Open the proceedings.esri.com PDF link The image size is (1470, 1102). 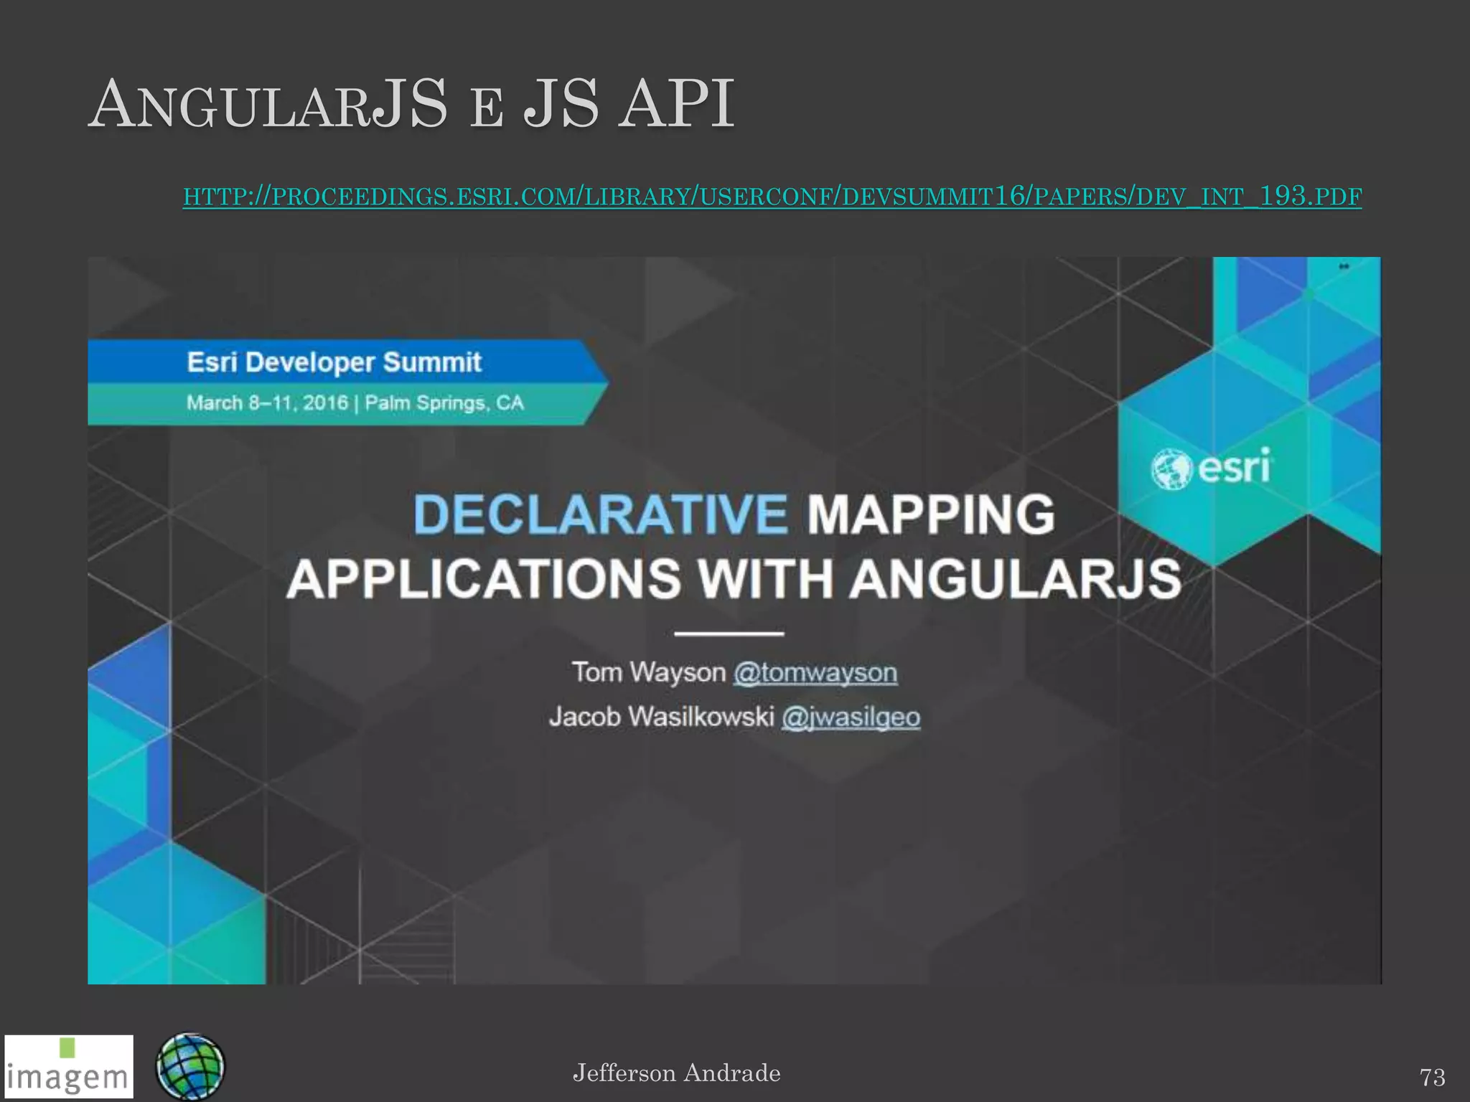pyautogui.click(x=772, y=196)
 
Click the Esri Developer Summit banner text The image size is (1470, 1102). pyautogui.click(x=334, y=362)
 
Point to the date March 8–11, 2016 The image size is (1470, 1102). pyautogui.click(x=267, y=402)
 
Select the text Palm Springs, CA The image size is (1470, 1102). pyautogui.click(x=444, y=402)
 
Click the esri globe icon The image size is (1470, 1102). pyautogui.click(x=1171, y=469)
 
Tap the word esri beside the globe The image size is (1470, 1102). pyautogui.click(x=1235, y=468)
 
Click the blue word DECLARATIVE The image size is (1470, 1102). pyautogui.click(x=600, y=514)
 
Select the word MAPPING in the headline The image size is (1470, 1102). pyautogui.click(x=931, y=514)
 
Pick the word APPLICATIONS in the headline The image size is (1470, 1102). pyautogui.click(x=483, y=579)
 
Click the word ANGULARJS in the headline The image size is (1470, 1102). pyautogui.click(x=1016, y=579)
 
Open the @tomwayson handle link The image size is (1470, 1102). pyautogui.click(x=815, y=673)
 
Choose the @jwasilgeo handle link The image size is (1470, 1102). pyautogui.click(x=851, y=717)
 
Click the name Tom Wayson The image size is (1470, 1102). pyautogui.click(x=648, y=673)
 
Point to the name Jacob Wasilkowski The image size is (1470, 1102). pyautogui.click(x=661, y=717)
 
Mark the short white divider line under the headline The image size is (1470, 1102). pyautogui.click(x=729, y=634)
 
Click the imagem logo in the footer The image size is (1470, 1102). pyautogui.click(x=69, y=1066)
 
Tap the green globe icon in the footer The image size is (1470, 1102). pyautogui.click(x=190, y=1066)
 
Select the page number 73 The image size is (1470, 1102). pyautogui.click(x=1432, y=1077)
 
